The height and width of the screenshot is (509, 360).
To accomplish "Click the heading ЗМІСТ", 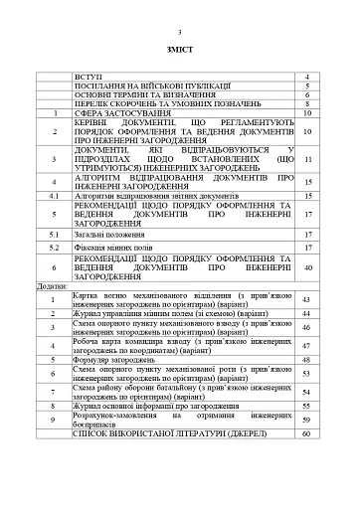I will [179, 49].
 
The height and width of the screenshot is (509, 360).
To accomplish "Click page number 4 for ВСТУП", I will [308, 77].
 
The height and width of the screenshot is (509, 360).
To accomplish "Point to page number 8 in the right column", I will [308, 103].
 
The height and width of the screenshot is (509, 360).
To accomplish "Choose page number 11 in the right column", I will [308, 158].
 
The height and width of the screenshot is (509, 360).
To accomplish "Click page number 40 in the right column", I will [308, 268].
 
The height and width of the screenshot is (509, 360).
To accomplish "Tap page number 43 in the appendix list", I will [308, 299].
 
